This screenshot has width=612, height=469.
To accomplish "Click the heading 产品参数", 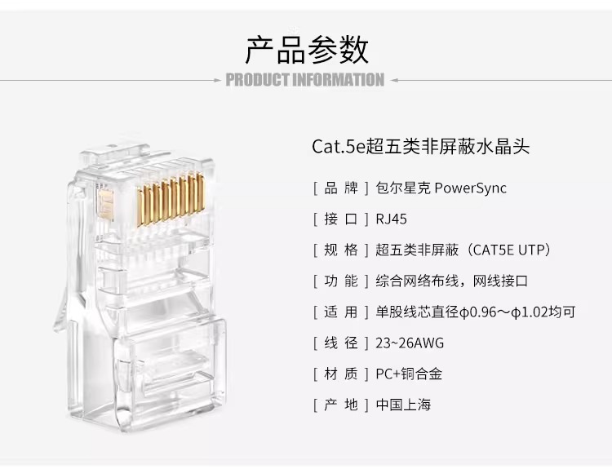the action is tap(307, 50).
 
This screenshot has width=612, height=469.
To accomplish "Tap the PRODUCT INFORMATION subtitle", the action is tap(305, 80).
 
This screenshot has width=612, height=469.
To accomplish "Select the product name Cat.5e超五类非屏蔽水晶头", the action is tap(420, 147).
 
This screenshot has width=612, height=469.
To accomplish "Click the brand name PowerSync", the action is tap(470, 188).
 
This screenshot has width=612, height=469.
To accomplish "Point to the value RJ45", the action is tap(391, 219).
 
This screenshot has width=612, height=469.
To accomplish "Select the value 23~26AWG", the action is tap(410, 343).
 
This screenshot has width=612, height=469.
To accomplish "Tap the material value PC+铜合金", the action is tap(409, 374).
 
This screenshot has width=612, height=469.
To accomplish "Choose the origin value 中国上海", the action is tap(403, 405).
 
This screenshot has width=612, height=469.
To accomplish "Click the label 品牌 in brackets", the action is tap(341, 188).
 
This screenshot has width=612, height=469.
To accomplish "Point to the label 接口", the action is tap(341, 219).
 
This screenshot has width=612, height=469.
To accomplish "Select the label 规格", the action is tap(341, 250).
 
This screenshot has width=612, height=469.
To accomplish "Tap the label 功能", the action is tap(341, 281).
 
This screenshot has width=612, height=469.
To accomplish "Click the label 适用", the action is tap(341, 312).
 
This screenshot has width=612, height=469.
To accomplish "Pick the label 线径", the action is tap(341, 343).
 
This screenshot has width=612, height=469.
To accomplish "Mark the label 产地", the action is tap(341, 405).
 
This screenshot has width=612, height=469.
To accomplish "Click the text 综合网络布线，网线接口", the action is tap(451, 281).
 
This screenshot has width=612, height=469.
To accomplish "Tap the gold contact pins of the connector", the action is tap(171, 199).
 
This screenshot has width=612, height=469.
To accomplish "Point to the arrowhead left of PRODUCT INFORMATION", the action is tap(218, 81).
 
